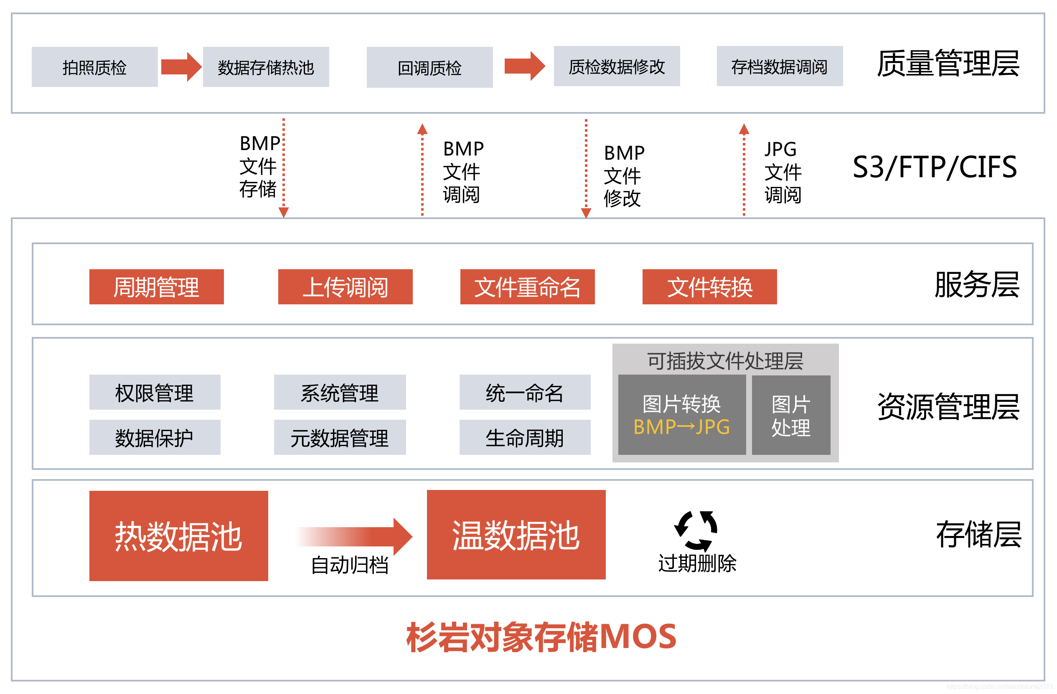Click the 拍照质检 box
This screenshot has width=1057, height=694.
(94, 67)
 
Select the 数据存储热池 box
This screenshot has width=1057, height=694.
(266, 67)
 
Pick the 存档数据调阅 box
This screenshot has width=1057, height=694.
(780, 66)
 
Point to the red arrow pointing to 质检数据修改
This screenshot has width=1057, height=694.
(524, 66)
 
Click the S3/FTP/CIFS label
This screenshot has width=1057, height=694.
(935, 168)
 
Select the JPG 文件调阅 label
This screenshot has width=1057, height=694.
(783, 172)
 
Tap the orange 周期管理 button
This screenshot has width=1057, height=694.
(156, 287)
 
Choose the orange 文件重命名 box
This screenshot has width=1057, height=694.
(527, 287)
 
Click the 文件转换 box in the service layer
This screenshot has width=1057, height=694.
(709, 287)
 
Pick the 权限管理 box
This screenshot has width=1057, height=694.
(155, 392)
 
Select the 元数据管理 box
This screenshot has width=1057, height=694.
(340, 438)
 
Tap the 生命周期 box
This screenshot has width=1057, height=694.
(524, 438)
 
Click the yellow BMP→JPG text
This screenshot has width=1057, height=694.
(681, 427)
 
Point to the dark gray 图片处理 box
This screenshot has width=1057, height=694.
(790, 416)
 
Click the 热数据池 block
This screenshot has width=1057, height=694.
(178, 536)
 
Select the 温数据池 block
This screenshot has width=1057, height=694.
(516, 535)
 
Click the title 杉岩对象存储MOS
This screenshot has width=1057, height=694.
(541, 637)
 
